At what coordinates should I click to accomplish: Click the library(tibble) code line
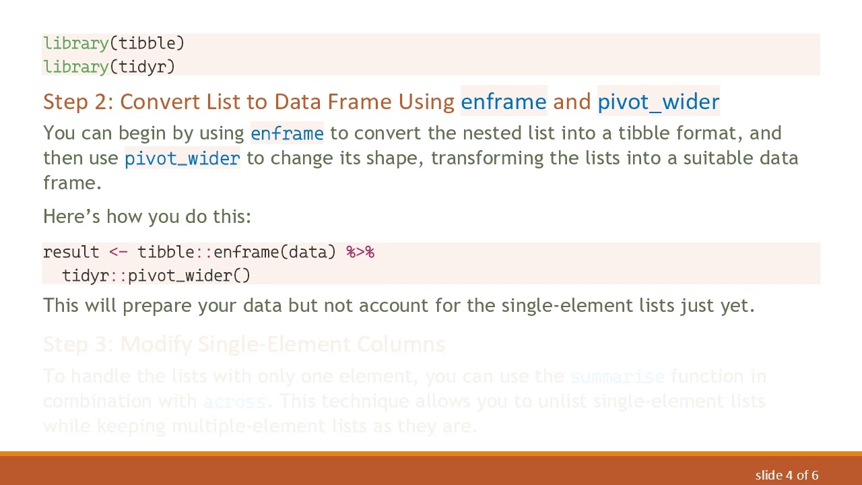pos(113,44)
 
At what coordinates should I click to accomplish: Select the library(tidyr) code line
pos(109,67)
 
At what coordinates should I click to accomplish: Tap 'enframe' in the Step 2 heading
pos(503,102)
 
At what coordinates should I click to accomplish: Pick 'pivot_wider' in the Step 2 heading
pos(658,102)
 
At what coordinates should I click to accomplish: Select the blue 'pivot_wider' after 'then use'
pos(182,158)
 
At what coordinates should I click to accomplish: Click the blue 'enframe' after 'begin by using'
pos(287,133)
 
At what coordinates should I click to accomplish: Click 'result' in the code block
pos(71,253)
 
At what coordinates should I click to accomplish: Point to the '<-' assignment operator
pos(118,253)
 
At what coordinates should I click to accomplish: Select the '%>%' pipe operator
pos(360,253)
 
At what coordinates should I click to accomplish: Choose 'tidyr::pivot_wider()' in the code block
pos(156,276)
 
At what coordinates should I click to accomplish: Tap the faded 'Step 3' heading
pos(244,345)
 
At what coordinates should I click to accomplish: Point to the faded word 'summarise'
pos(617,377)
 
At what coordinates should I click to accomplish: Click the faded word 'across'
pos(234,401)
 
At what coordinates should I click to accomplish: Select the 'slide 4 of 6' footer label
pos(787,476)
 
